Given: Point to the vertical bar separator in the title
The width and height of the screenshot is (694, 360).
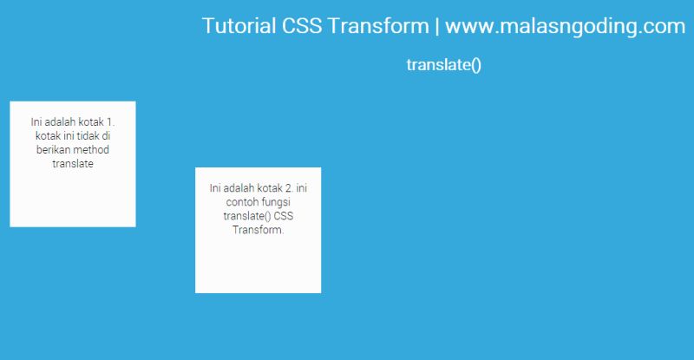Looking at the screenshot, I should [436, 26].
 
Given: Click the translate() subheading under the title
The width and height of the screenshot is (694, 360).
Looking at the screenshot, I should [443, 65].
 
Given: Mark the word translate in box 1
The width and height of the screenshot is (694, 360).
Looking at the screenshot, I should [73, 164].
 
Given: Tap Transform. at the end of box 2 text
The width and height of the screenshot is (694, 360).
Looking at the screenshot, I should [259, 230].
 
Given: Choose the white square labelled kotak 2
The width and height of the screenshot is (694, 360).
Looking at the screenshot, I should [258, 265].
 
